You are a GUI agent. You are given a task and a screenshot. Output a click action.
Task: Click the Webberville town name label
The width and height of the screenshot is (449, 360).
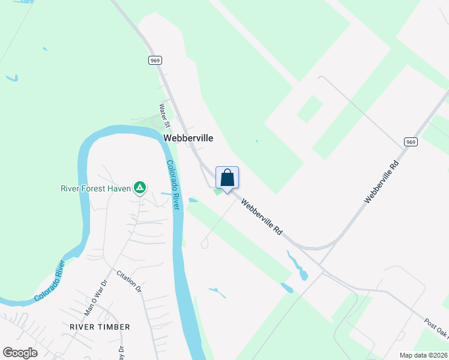tap(188, 138)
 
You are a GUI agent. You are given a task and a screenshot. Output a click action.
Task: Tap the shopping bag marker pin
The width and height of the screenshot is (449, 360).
tap(227, 179)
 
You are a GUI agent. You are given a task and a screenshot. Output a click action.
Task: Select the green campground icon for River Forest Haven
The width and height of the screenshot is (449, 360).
tap(139, 188)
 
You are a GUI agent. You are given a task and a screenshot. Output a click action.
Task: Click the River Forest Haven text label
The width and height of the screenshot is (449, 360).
tap(95, 188)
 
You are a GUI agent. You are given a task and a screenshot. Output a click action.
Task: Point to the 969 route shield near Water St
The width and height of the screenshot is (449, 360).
tap(155, 60)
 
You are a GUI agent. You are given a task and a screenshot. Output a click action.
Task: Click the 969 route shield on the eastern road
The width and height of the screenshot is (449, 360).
tap(410, 142)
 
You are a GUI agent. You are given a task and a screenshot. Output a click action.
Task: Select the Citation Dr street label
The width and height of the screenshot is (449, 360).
tap(129, 281)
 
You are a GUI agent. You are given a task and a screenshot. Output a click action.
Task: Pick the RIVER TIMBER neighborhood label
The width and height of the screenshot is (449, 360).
tap(100, 327)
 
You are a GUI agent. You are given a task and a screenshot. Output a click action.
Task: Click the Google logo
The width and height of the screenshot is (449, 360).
tap(20, 353)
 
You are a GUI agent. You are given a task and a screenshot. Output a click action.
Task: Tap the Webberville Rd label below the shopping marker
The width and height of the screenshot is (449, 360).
tap(262, 217)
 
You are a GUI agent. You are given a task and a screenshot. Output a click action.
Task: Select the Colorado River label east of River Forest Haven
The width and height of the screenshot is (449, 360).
tap(173, 184)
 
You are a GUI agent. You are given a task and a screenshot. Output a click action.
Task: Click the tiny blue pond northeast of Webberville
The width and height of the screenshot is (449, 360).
tap(256, 141)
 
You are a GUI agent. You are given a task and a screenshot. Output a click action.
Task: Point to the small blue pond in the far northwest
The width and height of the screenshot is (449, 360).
tap(12, 78)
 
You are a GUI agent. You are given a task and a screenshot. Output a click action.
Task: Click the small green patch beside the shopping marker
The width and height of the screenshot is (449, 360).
tap(217, 191)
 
